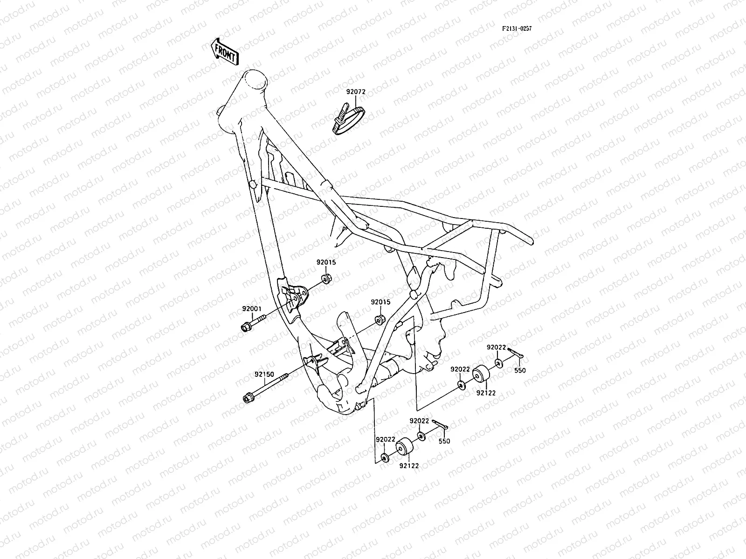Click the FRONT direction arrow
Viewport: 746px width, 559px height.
[x=225, y=51]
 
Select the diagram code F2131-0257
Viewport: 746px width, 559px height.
[x=517, y=29]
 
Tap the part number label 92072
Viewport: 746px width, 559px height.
[x=355, y=92]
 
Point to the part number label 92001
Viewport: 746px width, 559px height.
[x=251, y=309]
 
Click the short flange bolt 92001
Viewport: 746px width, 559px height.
[x=252, y=323]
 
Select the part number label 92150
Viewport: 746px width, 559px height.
[x=264, y=374]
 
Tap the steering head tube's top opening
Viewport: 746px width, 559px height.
[x=264, y=80]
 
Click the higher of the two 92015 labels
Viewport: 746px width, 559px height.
[x=326, y=262]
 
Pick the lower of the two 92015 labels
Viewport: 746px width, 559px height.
[x=380, y=302]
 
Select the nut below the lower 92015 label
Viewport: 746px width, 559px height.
[x=380, y=320]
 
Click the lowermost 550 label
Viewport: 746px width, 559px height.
[x=444, y=441]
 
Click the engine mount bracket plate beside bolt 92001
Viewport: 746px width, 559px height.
[x=294, y=296]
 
